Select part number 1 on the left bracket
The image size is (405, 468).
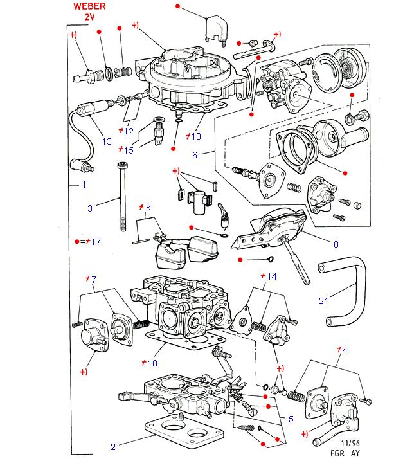83,185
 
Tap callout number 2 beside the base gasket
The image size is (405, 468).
113,447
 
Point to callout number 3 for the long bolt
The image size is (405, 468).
90,208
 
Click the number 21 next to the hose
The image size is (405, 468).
323,300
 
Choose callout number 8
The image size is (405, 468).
336,244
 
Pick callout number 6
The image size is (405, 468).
195,155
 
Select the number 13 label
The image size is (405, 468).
107,141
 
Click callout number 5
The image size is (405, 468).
291,419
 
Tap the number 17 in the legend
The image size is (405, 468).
96,242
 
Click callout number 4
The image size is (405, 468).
345,350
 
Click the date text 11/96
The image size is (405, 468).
350,444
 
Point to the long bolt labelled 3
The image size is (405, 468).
122,199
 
